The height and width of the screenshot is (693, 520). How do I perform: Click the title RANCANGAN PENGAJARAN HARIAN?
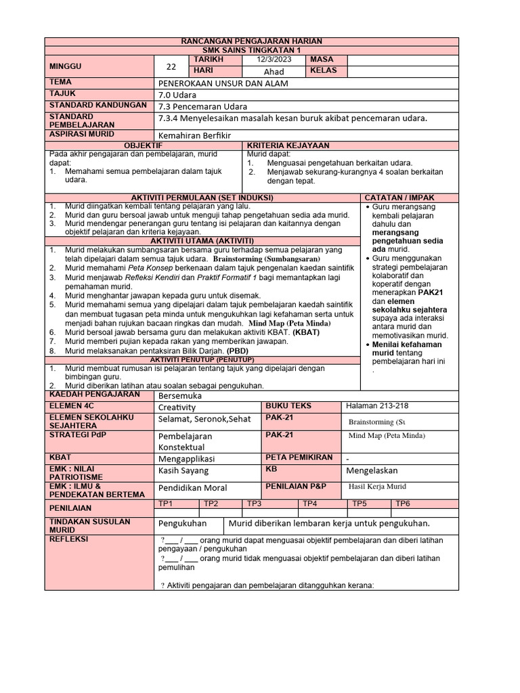point(252,42)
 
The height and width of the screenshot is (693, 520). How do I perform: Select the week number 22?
point(171,66)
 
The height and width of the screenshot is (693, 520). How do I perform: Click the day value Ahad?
point(274,72)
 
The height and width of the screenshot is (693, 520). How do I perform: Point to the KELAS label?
point(323,70)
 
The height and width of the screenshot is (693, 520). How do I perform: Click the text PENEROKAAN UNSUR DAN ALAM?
point(223,83)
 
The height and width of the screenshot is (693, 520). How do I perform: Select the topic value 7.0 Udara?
point(177,95)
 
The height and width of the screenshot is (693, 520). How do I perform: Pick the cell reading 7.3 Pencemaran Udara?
point(202,106)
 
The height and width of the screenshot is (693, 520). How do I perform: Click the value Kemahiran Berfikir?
point(194,135)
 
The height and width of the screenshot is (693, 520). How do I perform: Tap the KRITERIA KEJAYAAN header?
point(288,146)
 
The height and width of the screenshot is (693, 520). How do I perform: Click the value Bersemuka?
point(179,395)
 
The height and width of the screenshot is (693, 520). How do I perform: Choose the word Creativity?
point(177,407)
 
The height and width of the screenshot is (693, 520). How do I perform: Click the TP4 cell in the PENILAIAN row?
point(309,504)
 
